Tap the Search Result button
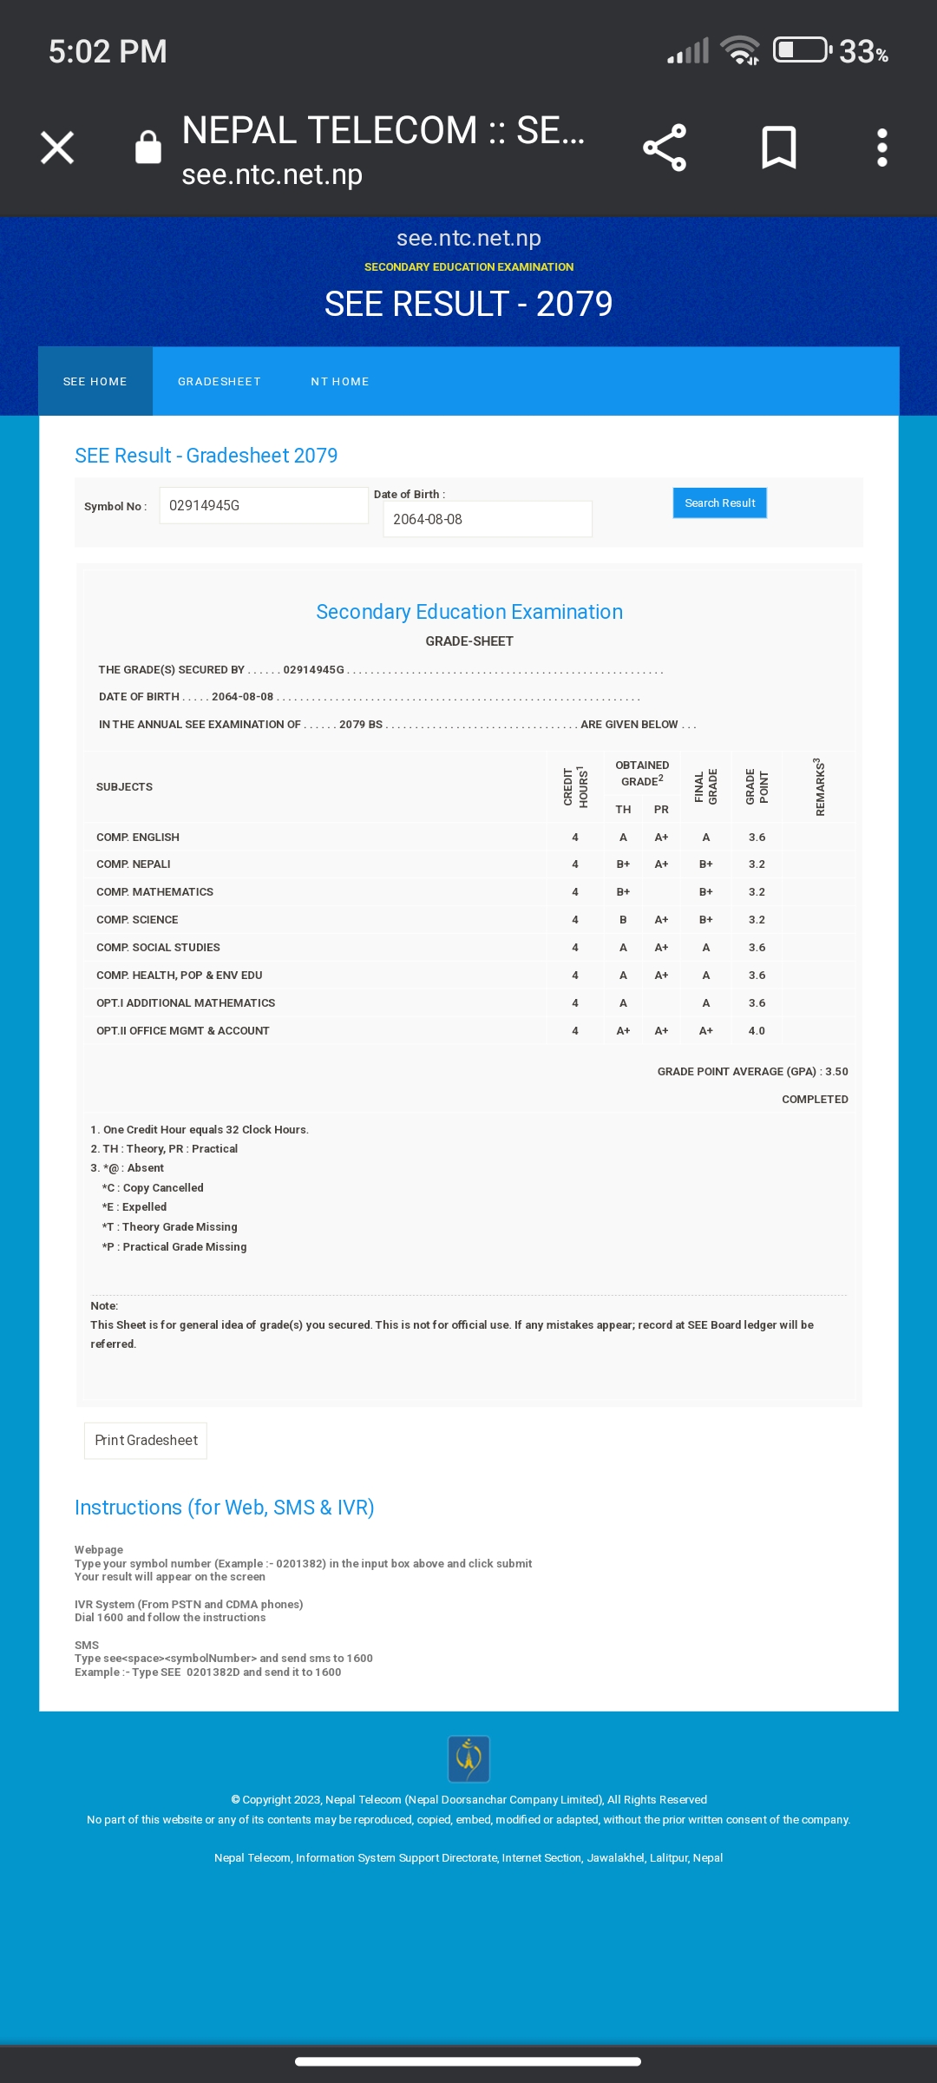[719, 503]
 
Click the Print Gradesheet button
[146, 1441]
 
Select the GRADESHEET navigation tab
[219, 382]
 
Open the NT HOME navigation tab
[340, 382]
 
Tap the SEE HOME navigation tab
[95, 382]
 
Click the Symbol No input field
[264, 506]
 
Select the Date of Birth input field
[488, 520]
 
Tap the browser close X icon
[57, 148]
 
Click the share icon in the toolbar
[665, 148]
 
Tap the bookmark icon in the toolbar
[778, 148]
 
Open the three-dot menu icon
[882, 148]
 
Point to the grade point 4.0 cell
[757, 1031]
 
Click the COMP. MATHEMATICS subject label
[154, 892]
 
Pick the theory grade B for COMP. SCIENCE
[623, 920]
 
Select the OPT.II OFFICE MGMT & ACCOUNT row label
[183, 1031]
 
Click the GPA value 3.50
[836, 1072]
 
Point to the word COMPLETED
[815, 1100]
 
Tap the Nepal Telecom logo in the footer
[468, 1758]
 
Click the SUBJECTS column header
[124, 787]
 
